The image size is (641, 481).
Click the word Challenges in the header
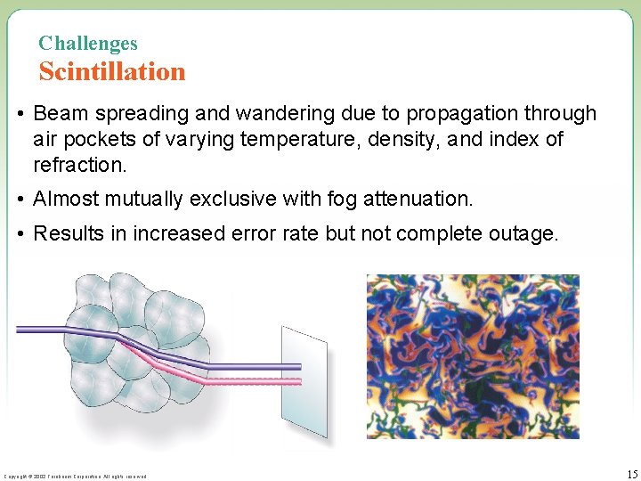tap(88, 43)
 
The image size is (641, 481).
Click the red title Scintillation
tap(112, 71)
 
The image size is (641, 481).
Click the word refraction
tap(78, 166)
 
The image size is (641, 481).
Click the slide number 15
tap(631, 473)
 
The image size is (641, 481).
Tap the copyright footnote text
tap(75, 477)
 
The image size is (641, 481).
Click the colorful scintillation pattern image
tap(473, 356)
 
